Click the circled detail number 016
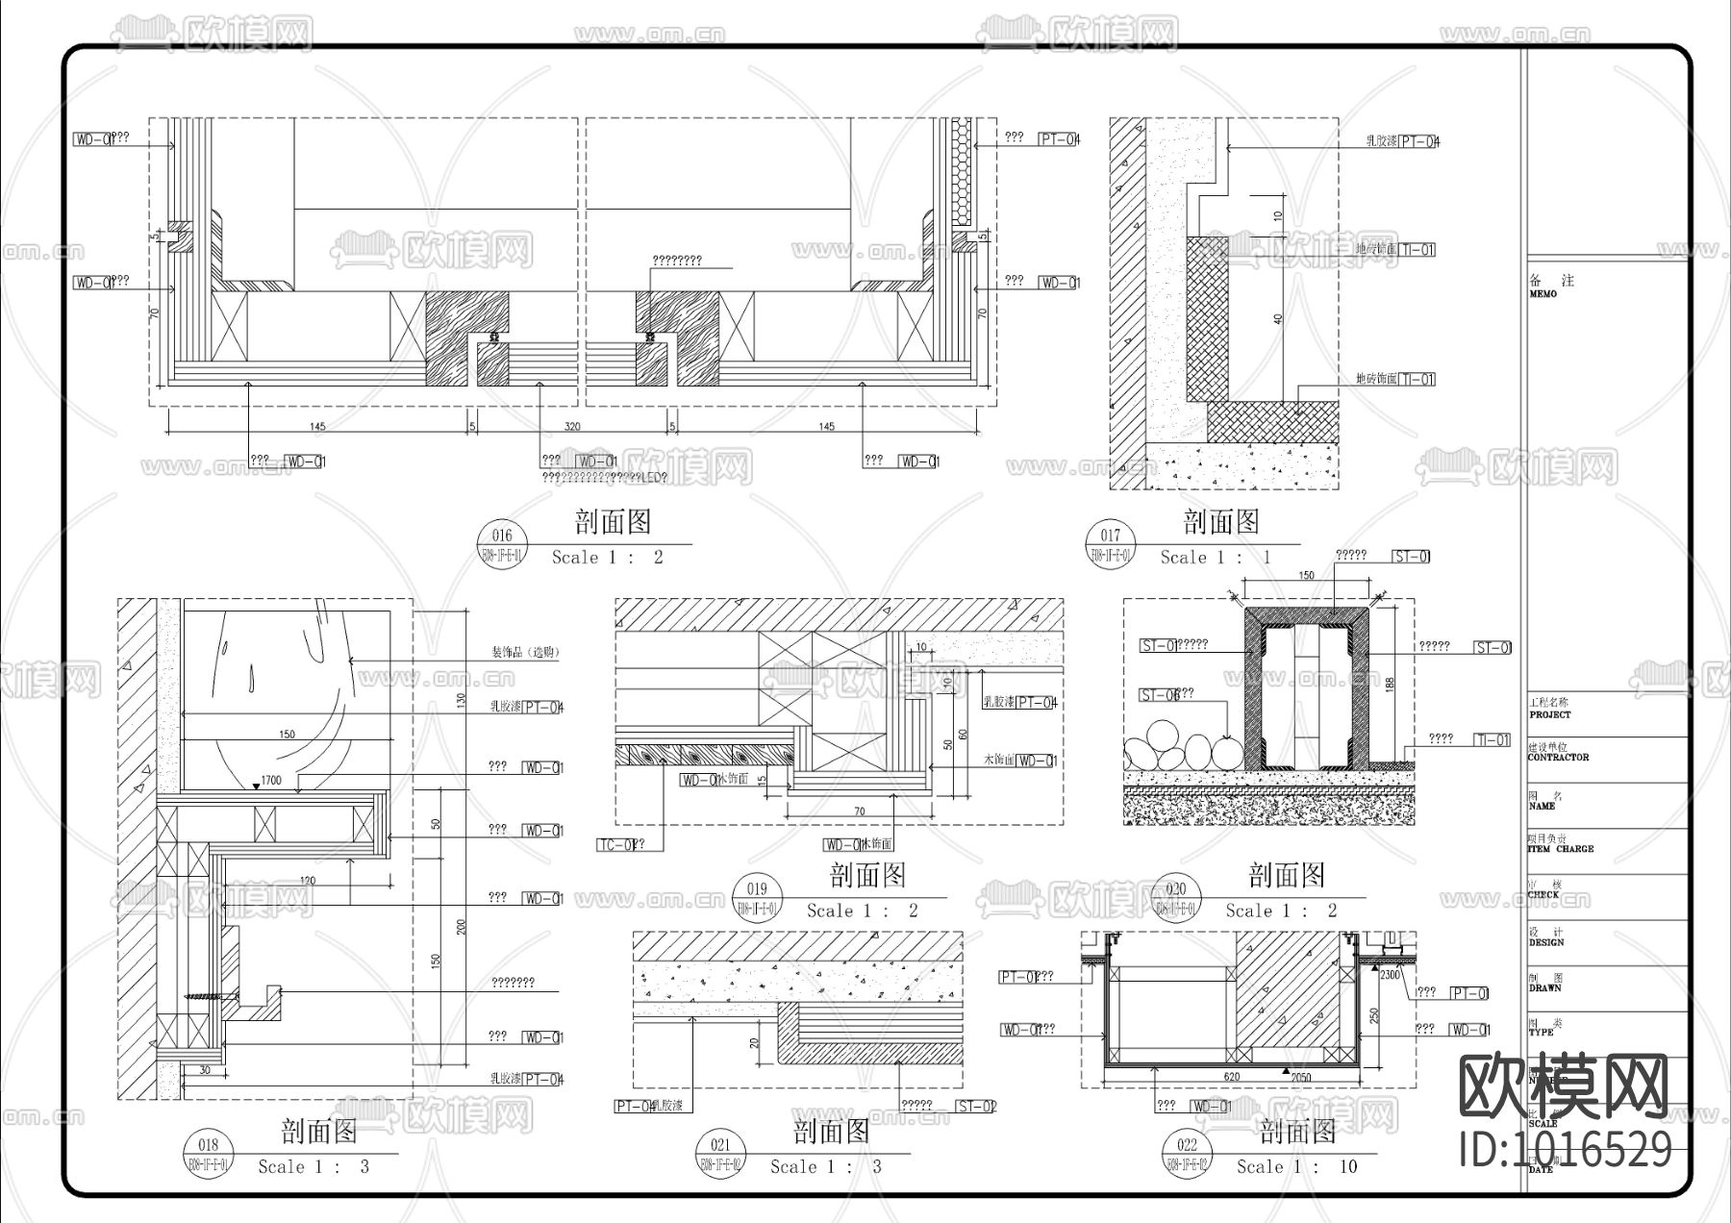tap(501, 536)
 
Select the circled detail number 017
tap(1110, 536)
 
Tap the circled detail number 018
tap(208, 1144)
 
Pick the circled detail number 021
tap(719, 1144)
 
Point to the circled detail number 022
tap(1187, 1144)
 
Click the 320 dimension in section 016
tap(572, 427)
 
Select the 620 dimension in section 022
tap(1232, 1077)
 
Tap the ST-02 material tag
tap(977, 1107)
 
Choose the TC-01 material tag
tap(615, 845)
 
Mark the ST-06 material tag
tap(1160, 695)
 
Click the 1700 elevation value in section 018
tap(271, 781)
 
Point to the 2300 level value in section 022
tap(1391, 975)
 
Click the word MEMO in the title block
tap(1543, 294)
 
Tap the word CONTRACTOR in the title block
tap(1558, 758)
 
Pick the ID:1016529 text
tap(1565, 1149)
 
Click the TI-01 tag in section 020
tap(1493, 739)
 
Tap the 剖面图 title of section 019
tap(867, 875)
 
